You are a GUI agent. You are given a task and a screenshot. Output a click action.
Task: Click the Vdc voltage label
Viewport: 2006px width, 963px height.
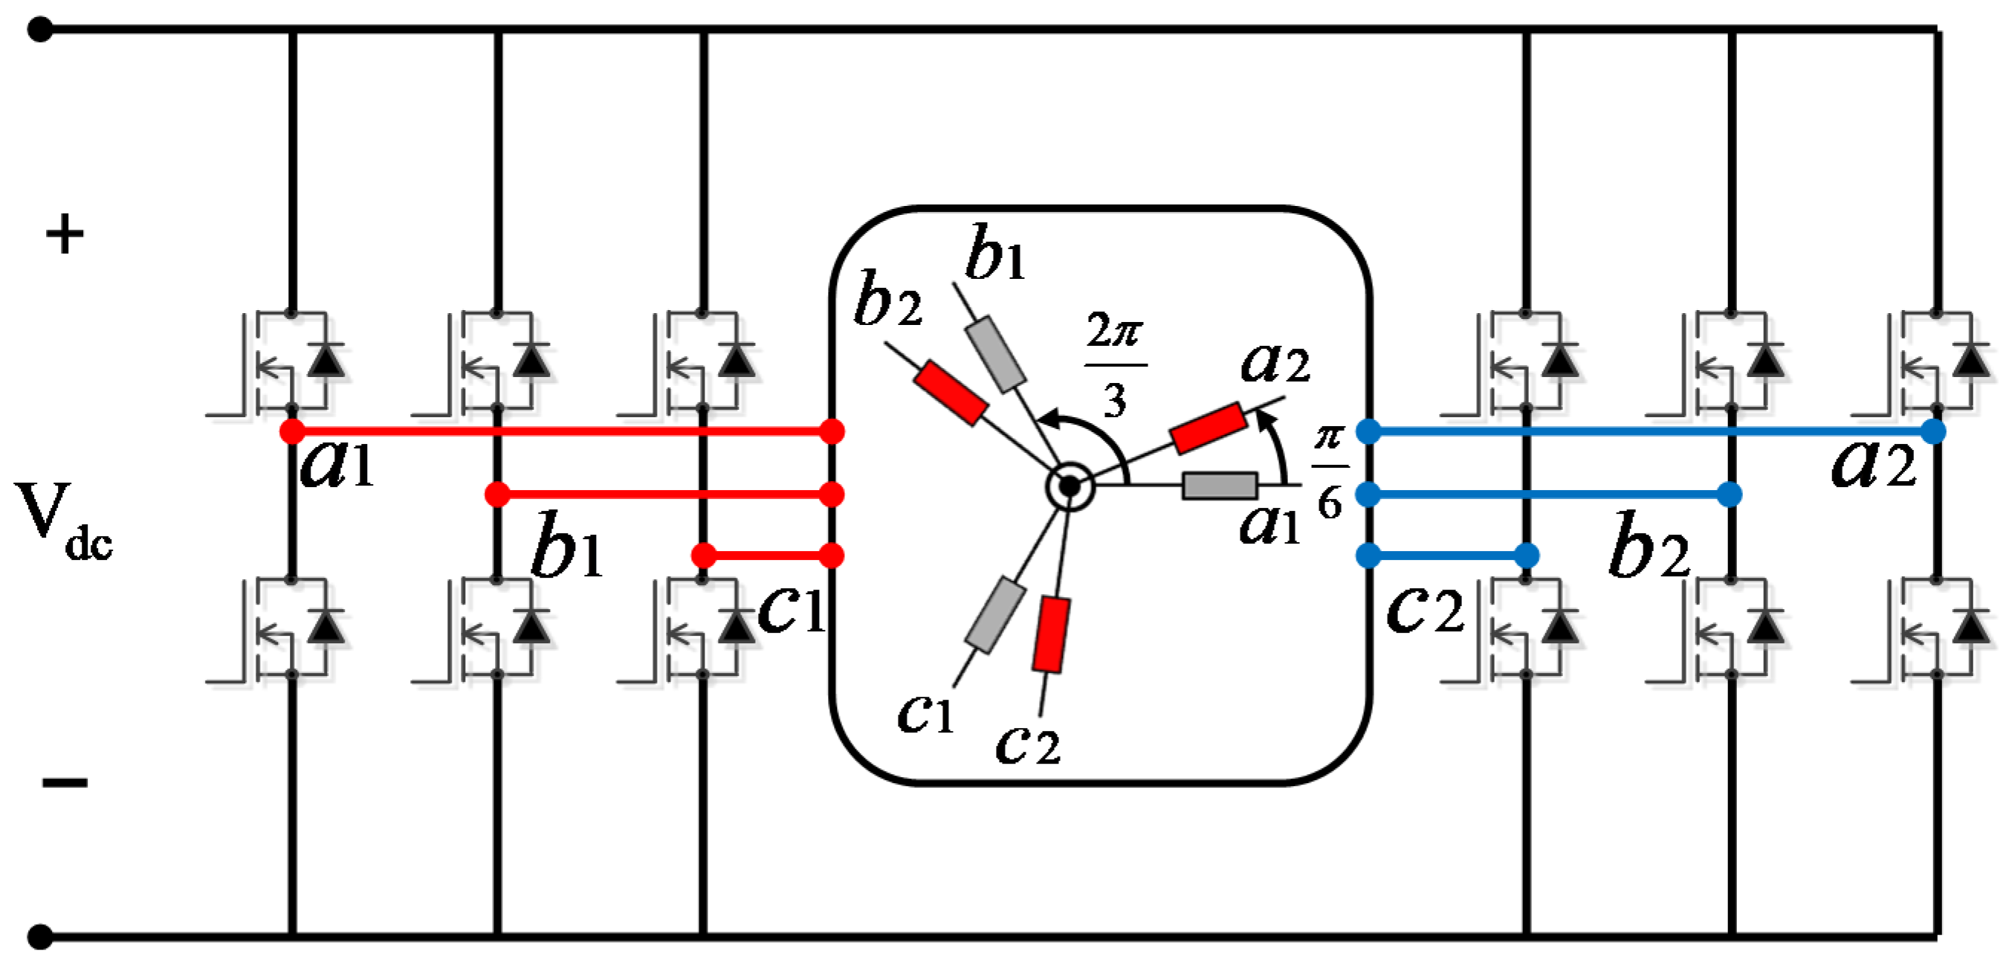[x=62, y=521]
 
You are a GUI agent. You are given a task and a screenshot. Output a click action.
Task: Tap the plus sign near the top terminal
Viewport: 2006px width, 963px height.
[x=65, y=233]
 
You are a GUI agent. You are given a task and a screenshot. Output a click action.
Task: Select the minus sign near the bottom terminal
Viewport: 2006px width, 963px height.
[x=65, y=782]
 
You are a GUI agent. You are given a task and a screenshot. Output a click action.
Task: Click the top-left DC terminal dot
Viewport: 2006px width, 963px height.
[x=39, y=30]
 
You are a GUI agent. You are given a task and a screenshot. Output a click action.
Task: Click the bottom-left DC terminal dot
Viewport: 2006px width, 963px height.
[x=39, y=935]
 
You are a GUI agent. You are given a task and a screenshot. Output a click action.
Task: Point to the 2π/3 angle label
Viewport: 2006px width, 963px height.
[x=1115, y=364]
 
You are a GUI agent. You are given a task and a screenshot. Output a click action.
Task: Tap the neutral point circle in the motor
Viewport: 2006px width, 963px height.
[x=1070, y=486]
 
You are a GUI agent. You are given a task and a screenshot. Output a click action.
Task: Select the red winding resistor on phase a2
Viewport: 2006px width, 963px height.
[x=1208, y=427]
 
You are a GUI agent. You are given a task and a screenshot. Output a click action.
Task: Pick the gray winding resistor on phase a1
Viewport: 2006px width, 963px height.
[x=1220, y=486]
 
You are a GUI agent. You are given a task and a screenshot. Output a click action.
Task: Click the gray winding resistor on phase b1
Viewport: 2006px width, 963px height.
[x=995, y=353]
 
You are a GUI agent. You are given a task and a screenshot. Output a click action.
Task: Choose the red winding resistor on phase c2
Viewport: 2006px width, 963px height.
[x=1050, y=634]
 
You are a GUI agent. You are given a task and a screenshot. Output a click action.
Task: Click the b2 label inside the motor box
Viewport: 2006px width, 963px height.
[x=887, y=300]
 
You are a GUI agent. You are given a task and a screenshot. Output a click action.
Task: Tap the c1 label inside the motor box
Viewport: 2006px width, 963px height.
[x=925, y=712]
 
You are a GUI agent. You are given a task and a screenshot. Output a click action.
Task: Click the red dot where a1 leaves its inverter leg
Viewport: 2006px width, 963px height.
[x=292, y=431]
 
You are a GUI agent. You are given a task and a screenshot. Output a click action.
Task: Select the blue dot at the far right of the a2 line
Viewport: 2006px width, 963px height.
[x=1933, y=431]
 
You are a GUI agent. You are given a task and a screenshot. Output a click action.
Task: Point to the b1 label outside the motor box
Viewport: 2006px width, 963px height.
[x=567, y=545]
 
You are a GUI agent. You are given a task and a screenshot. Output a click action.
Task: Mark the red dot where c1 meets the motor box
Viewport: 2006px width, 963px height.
[x=832, y=555]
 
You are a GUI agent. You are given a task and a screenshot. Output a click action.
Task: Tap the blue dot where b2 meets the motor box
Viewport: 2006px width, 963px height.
[x=1368, y=494]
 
